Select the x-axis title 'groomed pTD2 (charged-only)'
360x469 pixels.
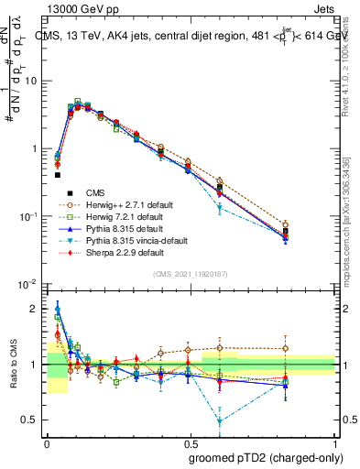click(x=262, y=457)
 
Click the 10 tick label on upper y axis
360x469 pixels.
click(x=30, y=81)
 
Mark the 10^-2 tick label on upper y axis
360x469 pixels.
click(x=28, y=284)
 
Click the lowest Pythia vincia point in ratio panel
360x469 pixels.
click(x=219, y=421)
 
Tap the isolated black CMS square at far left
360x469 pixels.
click(x=57, y=174)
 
